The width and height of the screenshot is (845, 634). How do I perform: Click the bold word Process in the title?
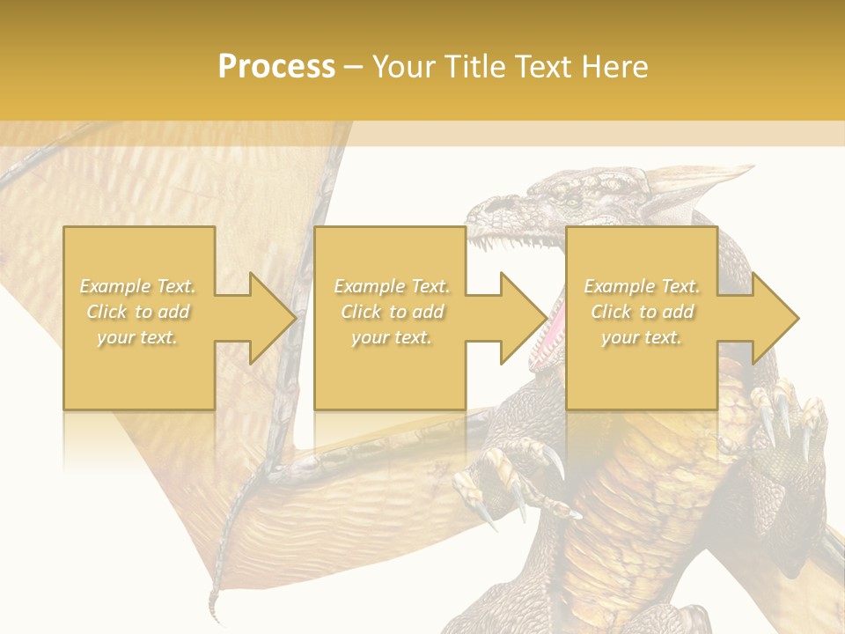[276, 67]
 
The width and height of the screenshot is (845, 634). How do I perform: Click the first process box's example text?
[138, 312]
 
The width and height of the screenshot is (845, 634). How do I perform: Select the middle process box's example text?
[391, 312]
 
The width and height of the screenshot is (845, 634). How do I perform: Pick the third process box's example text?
[642, 312]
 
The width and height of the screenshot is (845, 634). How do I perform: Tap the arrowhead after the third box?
[775, 318]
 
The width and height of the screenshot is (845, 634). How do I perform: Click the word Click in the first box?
[107, 312]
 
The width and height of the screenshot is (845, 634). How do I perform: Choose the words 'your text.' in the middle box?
[391, 337]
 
